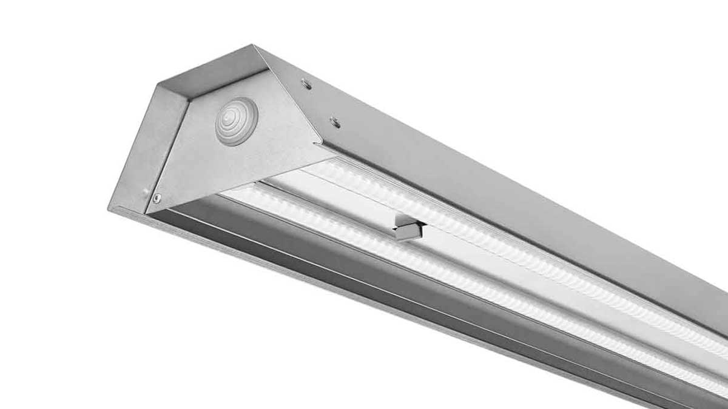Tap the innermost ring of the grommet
click(234, 115)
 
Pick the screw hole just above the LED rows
click(334, 122)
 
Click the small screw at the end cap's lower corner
click(157, 198)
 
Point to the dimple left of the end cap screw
click(146, 193)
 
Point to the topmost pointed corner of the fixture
click(255, 45)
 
